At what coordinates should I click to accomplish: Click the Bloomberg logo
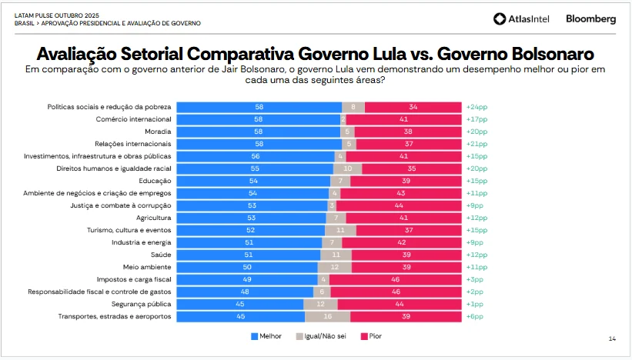590,19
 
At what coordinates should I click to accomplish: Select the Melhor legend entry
266,336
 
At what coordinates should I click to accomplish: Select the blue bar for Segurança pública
239,304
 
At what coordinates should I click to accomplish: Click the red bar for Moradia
408,132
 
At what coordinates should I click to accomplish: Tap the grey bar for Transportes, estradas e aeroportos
327,316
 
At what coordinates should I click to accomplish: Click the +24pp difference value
476,107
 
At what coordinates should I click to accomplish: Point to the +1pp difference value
474,304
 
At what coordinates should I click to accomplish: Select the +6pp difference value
474,316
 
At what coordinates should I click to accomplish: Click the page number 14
612,338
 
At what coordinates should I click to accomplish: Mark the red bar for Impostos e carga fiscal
395,279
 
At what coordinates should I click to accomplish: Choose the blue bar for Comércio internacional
258,119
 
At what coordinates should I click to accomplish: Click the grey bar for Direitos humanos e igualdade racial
347,168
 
